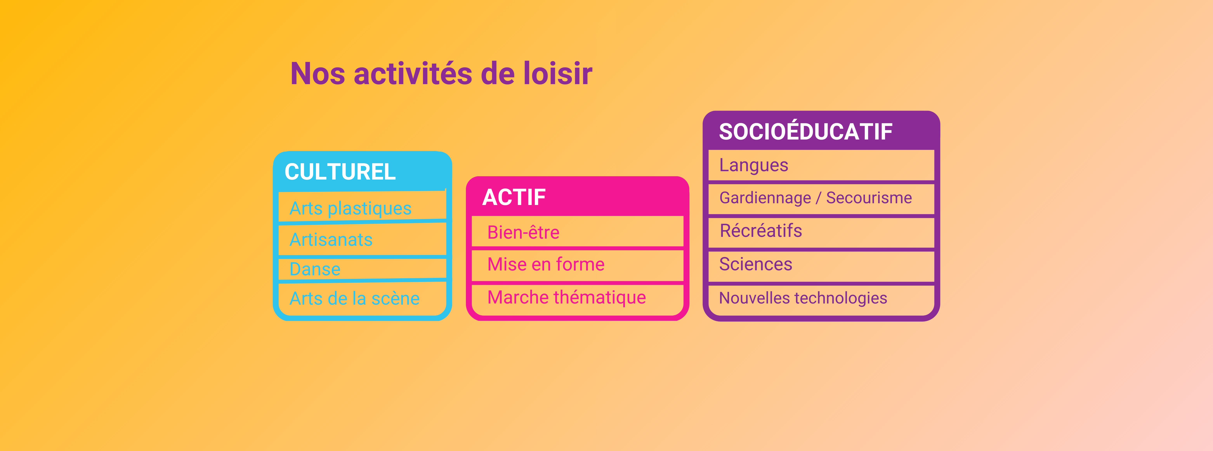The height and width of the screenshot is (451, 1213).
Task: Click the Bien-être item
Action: (x=523, y=232)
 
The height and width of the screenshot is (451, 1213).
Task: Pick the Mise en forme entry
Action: (x=546, y=264)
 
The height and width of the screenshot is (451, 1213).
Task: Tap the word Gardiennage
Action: (x=765, y=198)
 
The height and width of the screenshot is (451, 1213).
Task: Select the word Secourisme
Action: (x=869, y=198)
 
